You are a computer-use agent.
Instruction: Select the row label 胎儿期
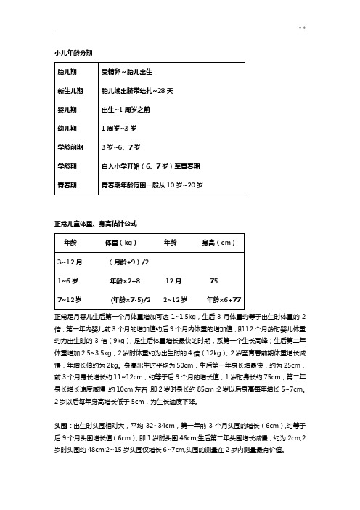[x=68, y=73]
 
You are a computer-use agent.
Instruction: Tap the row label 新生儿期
[x=70, y=92]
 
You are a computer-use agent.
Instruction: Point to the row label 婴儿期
[x=68, y=110]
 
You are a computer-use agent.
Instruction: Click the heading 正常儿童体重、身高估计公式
[x=96, y=221]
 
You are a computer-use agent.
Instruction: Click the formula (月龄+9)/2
[x=128, y=262]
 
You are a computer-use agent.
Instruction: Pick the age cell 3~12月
[x=69, y=262]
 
